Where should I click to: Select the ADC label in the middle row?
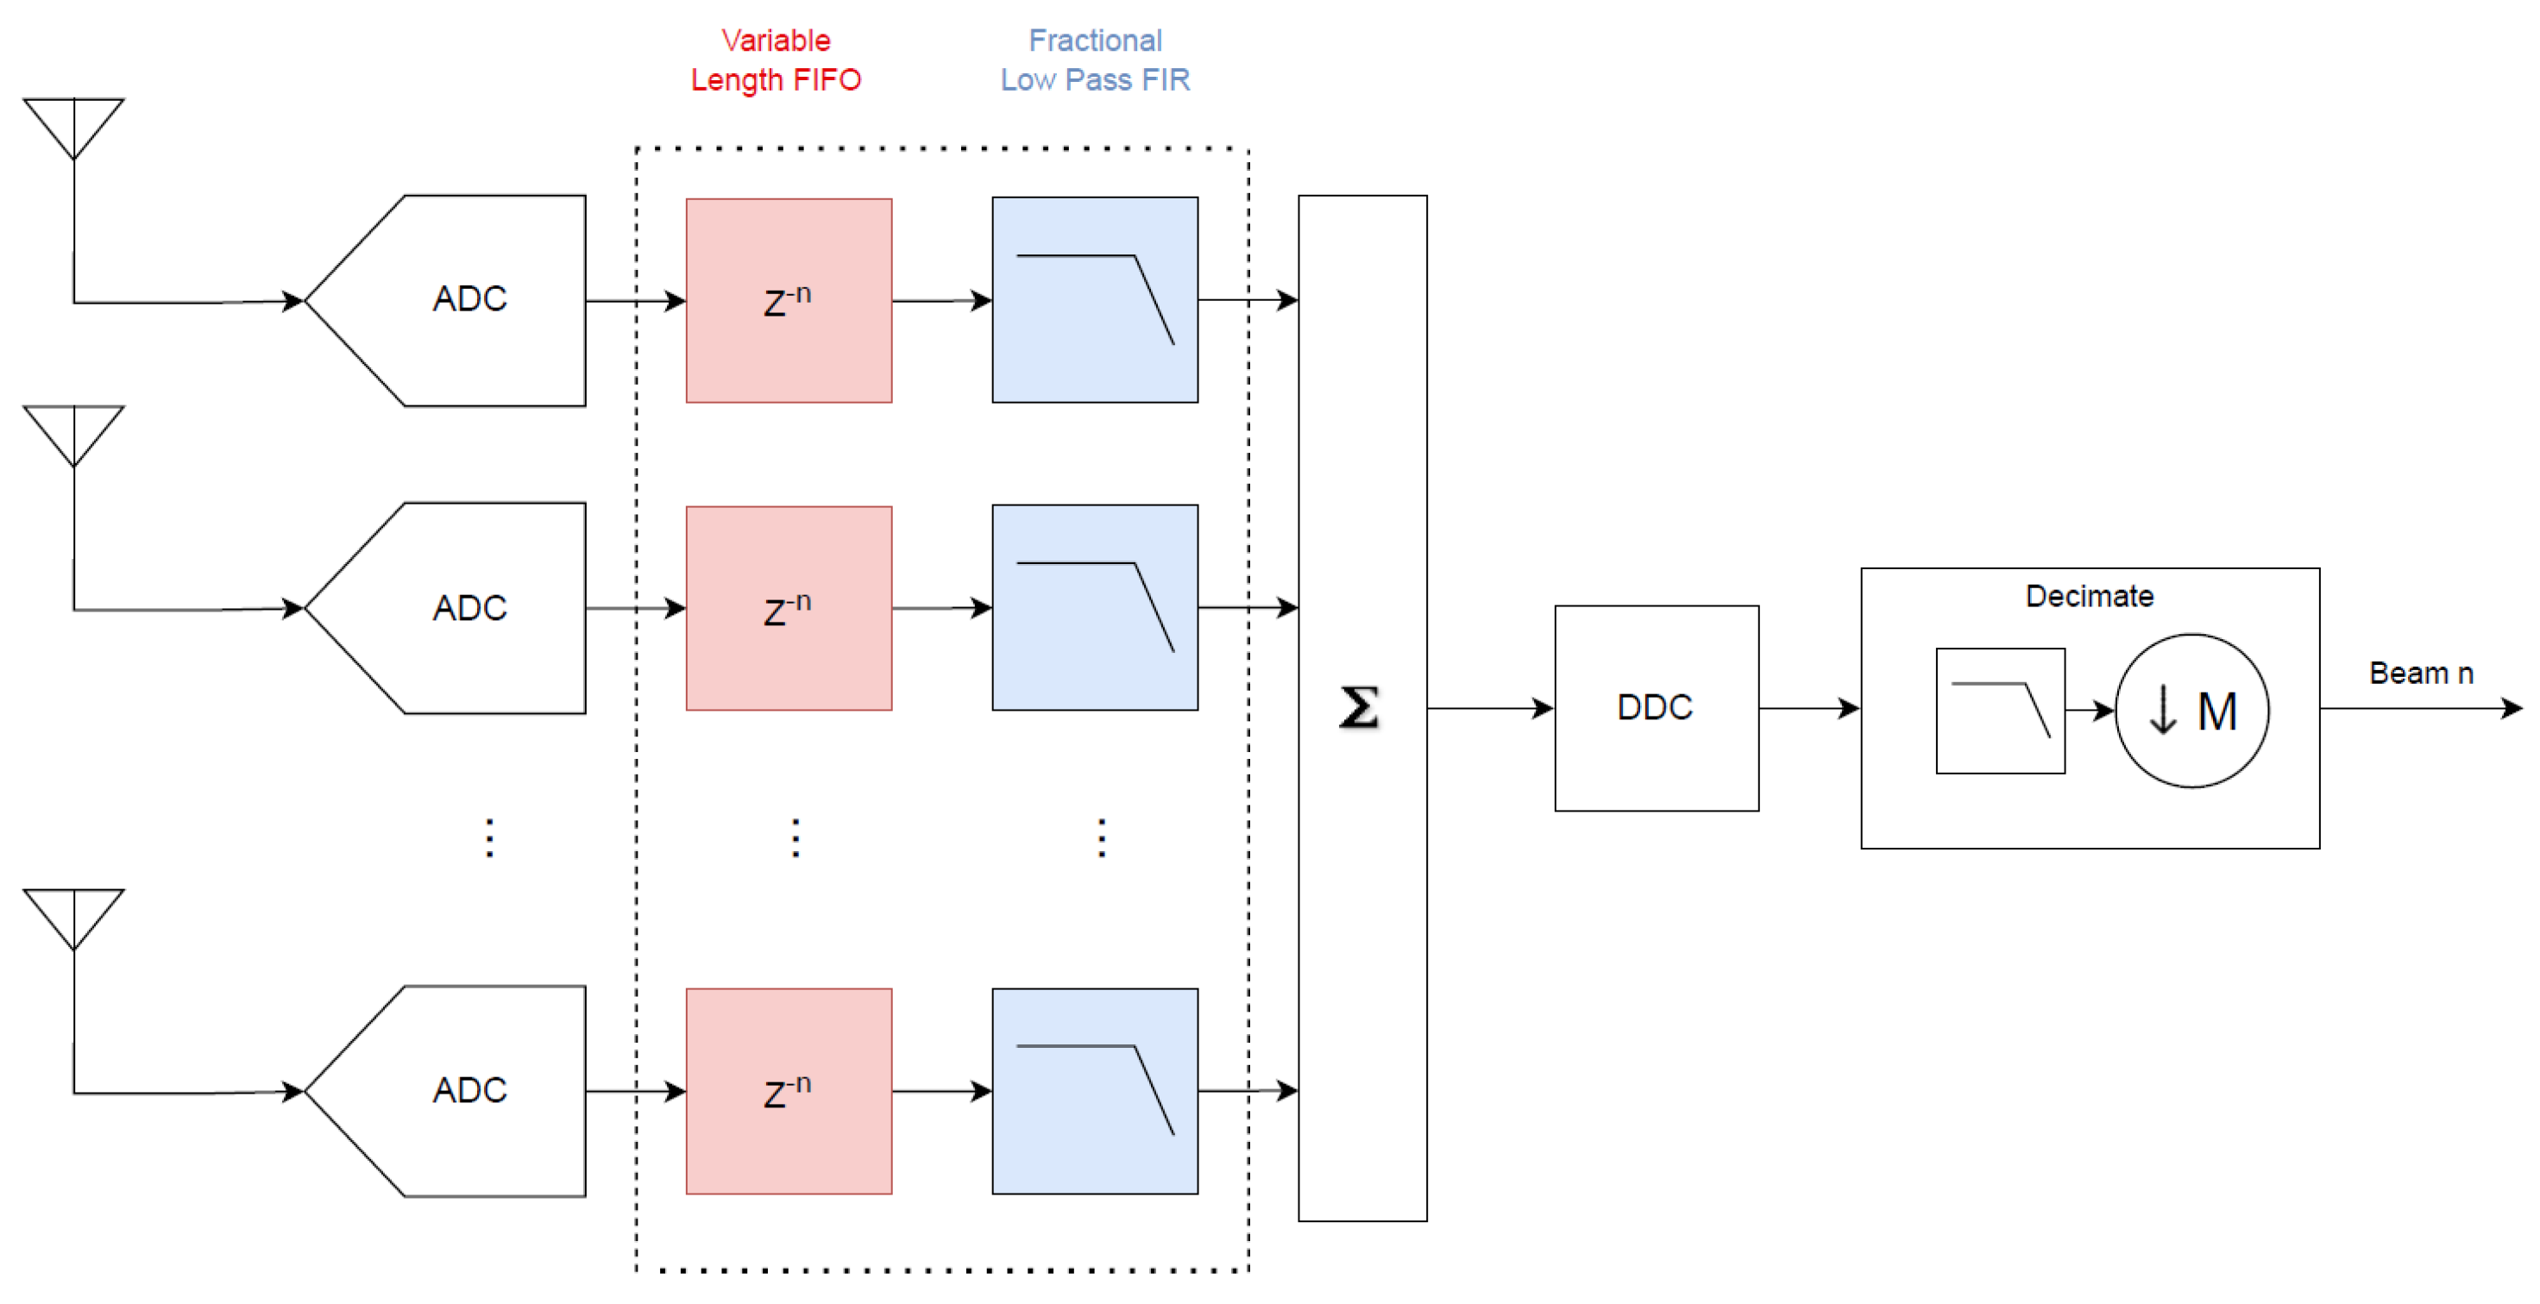pyautogui.click(x=469, y=608)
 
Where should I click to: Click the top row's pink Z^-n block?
pyautogui.click(x=789, y=301)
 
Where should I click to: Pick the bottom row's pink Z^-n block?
pyautogui.click(x=789, y=1091)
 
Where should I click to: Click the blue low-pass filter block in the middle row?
pyautogui.click(x=1095, y=607)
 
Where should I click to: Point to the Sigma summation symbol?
pyautogui.click(x=1359, y=708)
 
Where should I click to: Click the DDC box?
pyautogui.click(x=1656, y=708)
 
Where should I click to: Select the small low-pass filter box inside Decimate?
pyautogui.click(x=2000, y=710)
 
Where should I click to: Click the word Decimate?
pyautogui.click(x=2089, y=595)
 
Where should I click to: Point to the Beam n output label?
pyautogui.click(x=2421, y=674)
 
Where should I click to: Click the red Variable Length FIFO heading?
pyautogui.click(x=775, y=60)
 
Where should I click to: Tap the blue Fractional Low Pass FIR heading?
pyautogui.click(x=1095, y=60)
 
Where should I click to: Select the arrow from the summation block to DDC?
pyautogui.click(x=1489, y=708)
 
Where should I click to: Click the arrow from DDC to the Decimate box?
pyautogui.click(x=1808, y=708)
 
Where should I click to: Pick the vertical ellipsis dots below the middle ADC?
pyautogui.click(x=490, y=837)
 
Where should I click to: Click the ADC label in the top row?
pyautogui.click(x=469, y=298)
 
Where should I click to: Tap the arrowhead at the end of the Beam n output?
pyautogui.click(x=2512, y=708)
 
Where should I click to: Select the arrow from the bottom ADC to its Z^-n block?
pyautogui.click(x=635, y=1091)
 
